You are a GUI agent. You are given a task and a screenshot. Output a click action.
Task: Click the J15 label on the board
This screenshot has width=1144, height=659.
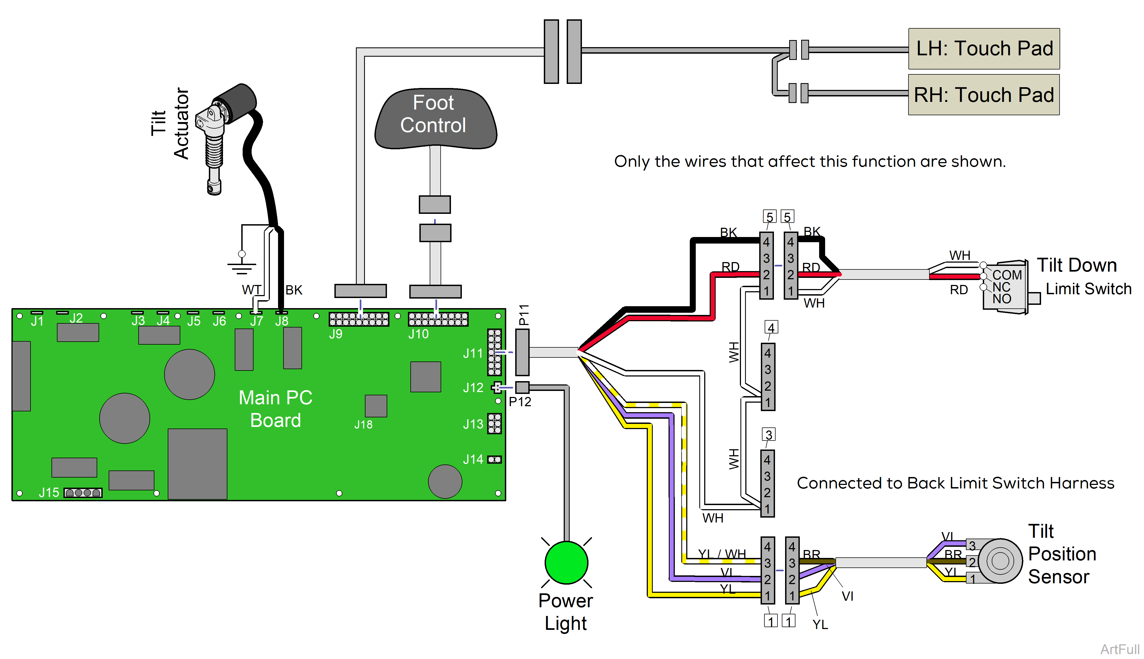pyautogui.click(x=49, y=493)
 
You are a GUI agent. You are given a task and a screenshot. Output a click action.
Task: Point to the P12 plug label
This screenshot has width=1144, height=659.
pyautogui.click(x=520, y=402)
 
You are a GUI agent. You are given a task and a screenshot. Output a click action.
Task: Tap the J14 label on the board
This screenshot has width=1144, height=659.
pyautogui.click(x=473, y=459)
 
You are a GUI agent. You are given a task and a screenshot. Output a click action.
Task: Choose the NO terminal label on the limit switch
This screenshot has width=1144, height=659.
pyautogui.click(x=1002, y=299)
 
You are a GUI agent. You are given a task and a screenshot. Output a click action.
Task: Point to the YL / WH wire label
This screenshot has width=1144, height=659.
pyautogui.click(x=722, y=554)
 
